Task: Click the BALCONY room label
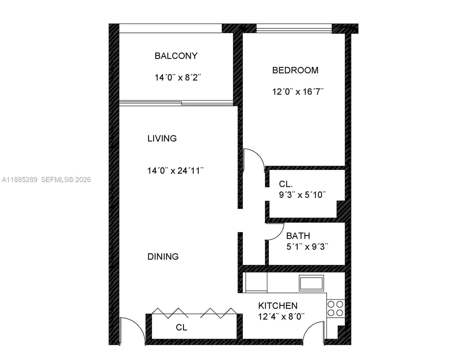pyautogui.click(x=176, y=56)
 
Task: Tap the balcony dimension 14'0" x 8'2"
pyautogui.click(x=177, y=78)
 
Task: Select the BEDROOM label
pyautogui.click(x=295, y=70)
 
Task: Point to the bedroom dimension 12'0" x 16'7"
pyautogui.click(x=298, y=91)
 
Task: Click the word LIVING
pyautogui.click(x=162, y=138)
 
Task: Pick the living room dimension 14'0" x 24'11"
pyautogui.click(x=175, y=171)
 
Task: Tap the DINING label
pyautogui.click(x=163, y=256)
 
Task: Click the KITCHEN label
pyautogui.click(x=278, y=306)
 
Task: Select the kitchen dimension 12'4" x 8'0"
pyautogui.click(x=281, y=316)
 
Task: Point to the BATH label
pyautogui.click(x=298, y=236)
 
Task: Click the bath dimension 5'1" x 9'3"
pyautogui.click(x=307, y=247)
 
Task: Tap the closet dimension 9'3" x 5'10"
pyautogui.click(x=302, y=195)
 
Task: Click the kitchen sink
pyautogui.click(x=311, y=283)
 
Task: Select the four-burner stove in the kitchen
pyautogui.click(x=335, y=308)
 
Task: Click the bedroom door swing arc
pyautogui.click(x=254, y=157)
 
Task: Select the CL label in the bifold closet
pyautogui.click(x=182, y=327)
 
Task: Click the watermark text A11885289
pyautogui.click(x=20, y=180)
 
